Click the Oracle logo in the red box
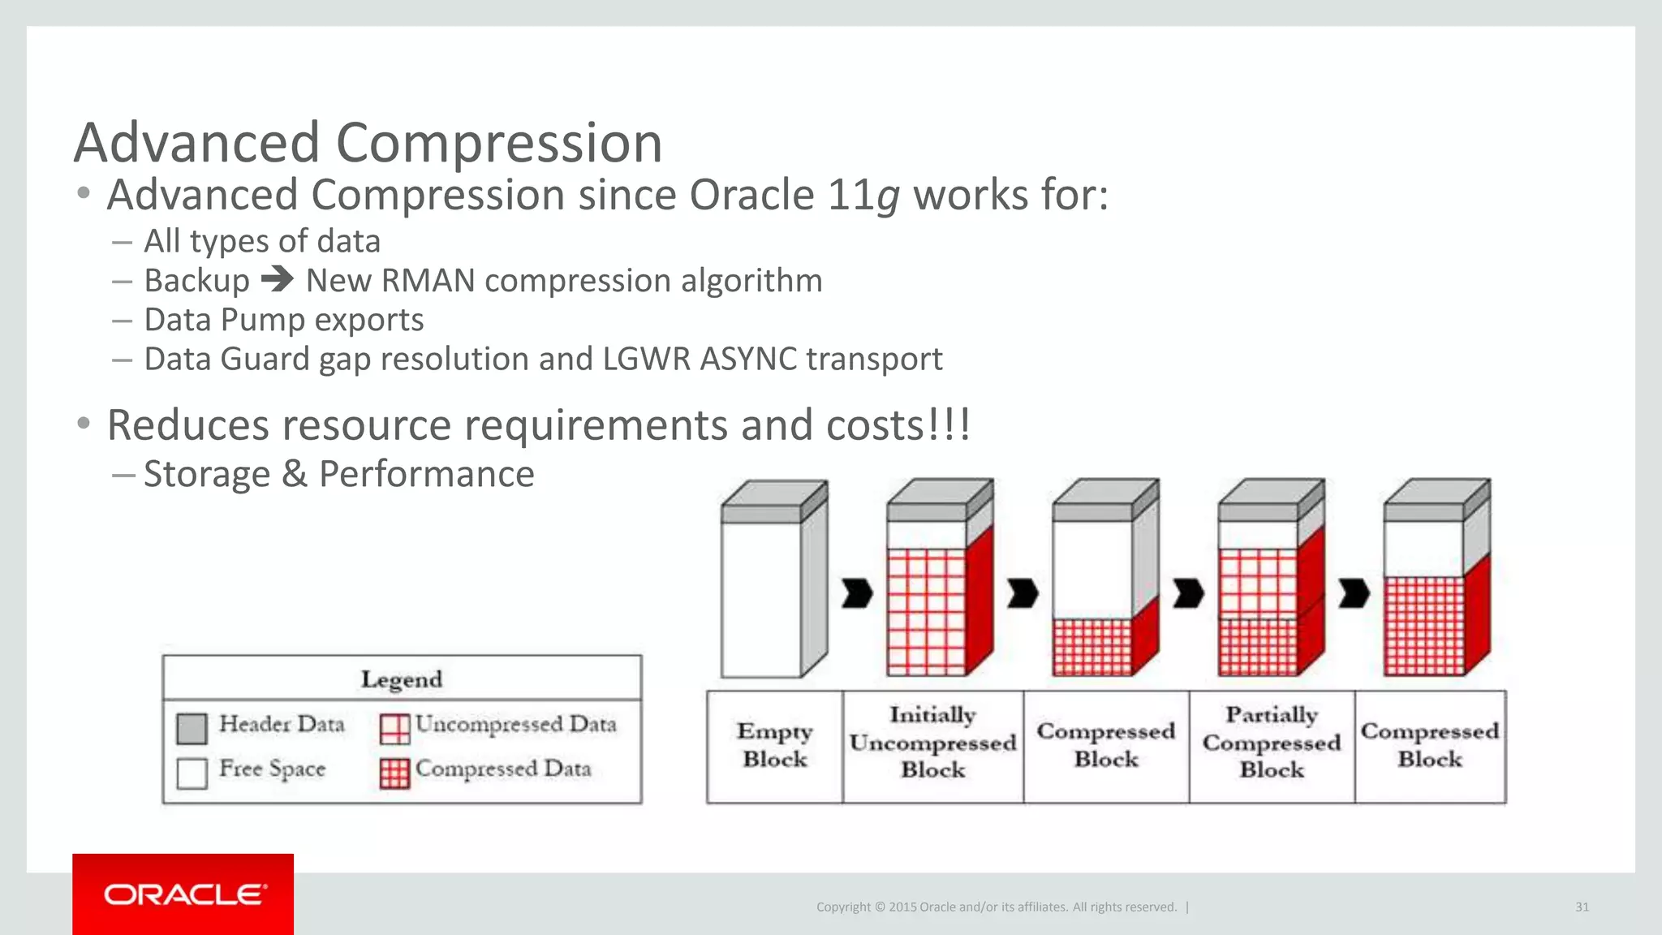(x=184, y=894)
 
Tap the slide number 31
(x=1582, y=907)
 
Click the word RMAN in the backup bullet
(x=428, y=281)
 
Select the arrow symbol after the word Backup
(x=278, y=280)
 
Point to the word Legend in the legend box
(x=402, y=679)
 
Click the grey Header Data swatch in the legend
(x=192, y=728)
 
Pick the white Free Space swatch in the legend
(x=192, y=773)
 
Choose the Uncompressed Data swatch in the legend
(x=395, y=728)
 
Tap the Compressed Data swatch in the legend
(x=395, y=773)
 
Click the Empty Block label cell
(x=775, y=746)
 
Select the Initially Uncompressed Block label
(x=932, y=743)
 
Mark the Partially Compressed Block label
(x=1271, y=743)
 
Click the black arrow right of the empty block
(x=857, y=593)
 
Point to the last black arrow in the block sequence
(x=1354, y=593)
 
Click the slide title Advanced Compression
(x=368, y=143)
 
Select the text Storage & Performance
(x=338, y=474)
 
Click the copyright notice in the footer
(x=996, y=907)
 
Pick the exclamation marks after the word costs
(x=951, y=424)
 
